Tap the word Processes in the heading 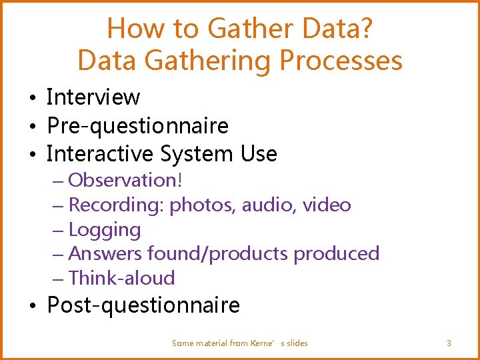click(341, 61)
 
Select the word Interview click(93, 97)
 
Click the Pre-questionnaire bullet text click(137, 125)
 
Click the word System click(197, 154)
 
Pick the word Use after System click(259, 154)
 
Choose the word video click(327, 205)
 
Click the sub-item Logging click(105, 230)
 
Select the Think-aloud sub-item click(121, 278)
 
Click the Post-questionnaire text click(143, 306)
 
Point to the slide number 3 click(449, 343)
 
